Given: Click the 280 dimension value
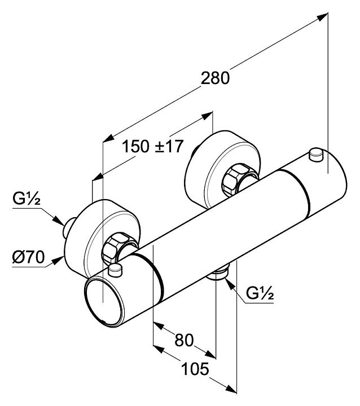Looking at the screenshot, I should pyautogui.click(x=216, y=78).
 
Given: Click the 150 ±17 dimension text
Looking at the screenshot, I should pyautogui.click(x=153, y=146).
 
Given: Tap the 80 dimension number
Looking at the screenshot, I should pyautogui.click(x=184, y=340).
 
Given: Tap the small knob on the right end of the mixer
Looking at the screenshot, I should pyautogui.click(x=317, y=152).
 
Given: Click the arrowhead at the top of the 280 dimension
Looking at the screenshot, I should pyautogui.click(x=323, y=16).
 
